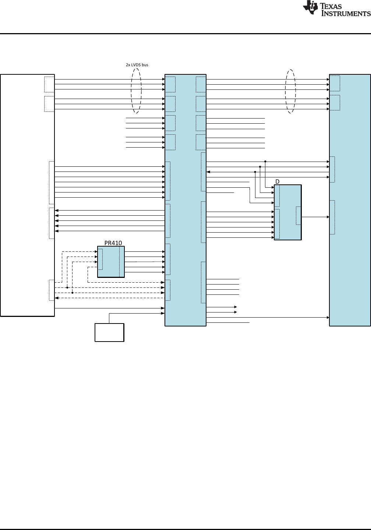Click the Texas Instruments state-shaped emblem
point(310,8)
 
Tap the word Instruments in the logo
point(346,14)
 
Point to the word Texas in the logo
point(331,6)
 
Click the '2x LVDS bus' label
point(137,65)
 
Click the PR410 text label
point(113,243)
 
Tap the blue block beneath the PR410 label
point(111,262)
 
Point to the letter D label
point(278,181)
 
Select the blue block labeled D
point(288,212)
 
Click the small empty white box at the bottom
point(109,332)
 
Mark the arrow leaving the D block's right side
point(315,217)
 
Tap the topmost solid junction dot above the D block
point(265,161)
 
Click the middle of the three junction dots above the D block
point(260,167)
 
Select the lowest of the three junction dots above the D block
point(255,172)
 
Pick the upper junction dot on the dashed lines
point(67,288)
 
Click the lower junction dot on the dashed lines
point(73,293)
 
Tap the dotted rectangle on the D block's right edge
point(298,216)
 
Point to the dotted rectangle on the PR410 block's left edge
point(100,259)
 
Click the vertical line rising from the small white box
point(109,318)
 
